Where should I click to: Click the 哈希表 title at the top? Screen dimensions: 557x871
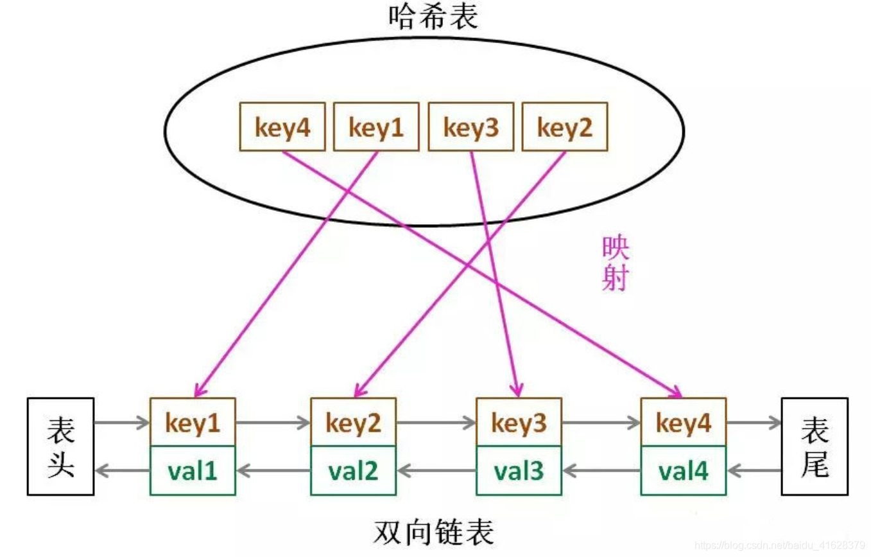point(434,17)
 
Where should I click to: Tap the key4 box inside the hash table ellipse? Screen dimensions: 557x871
point(282,128)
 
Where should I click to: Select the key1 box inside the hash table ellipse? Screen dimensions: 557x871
point(376,128)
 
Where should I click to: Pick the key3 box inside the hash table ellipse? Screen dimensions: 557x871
point(471,128)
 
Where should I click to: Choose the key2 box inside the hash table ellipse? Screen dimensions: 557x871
point(565,128)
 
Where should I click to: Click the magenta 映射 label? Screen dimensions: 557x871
point(616,264)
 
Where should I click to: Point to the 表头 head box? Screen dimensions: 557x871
point(60,446)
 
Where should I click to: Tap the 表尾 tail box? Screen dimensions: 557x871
point(815,446)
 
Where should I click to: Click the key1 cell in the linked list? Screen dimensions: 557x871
point(193,423)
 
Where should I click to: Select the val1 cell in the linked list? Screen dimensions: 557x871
point(193,471)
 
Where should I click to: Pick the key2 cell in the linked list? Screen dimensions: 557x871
point(354,423)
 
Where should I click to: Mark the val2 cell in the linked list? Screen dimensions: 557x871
point(354,471)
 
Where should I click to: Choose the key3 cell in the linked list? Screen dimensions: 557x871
point(519,423)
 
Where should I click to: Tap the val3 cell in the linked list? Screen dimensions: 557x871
point(519,471)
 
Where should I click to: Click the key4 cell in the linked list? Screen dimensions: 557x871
point(684,423)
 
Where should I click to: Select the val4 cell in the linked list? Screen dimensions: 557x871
point(684,471)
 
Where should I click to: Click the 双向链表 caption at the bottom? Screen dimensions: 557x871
point(434,533)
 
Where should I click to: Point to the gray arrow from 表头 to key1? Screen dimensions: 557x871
point(122,423)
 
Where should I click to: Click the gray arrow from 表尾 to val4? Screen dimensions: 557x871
point(754,471)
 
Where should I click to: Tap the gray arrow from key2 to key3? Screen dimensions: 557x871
point(436,423)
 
